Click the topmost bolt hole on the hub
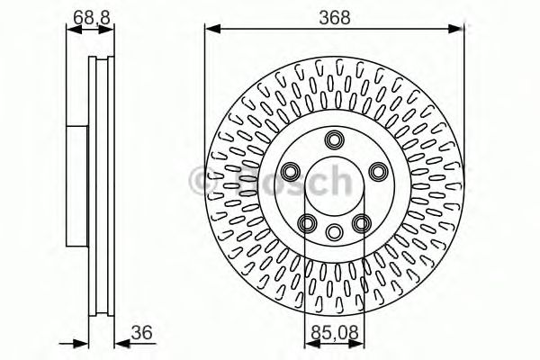coord(336,139)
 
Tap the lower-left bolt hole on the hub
coord(307,223)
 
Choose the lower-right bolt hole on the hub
coord(362,223)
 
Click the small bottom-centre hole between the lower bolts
coord(334,231)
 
